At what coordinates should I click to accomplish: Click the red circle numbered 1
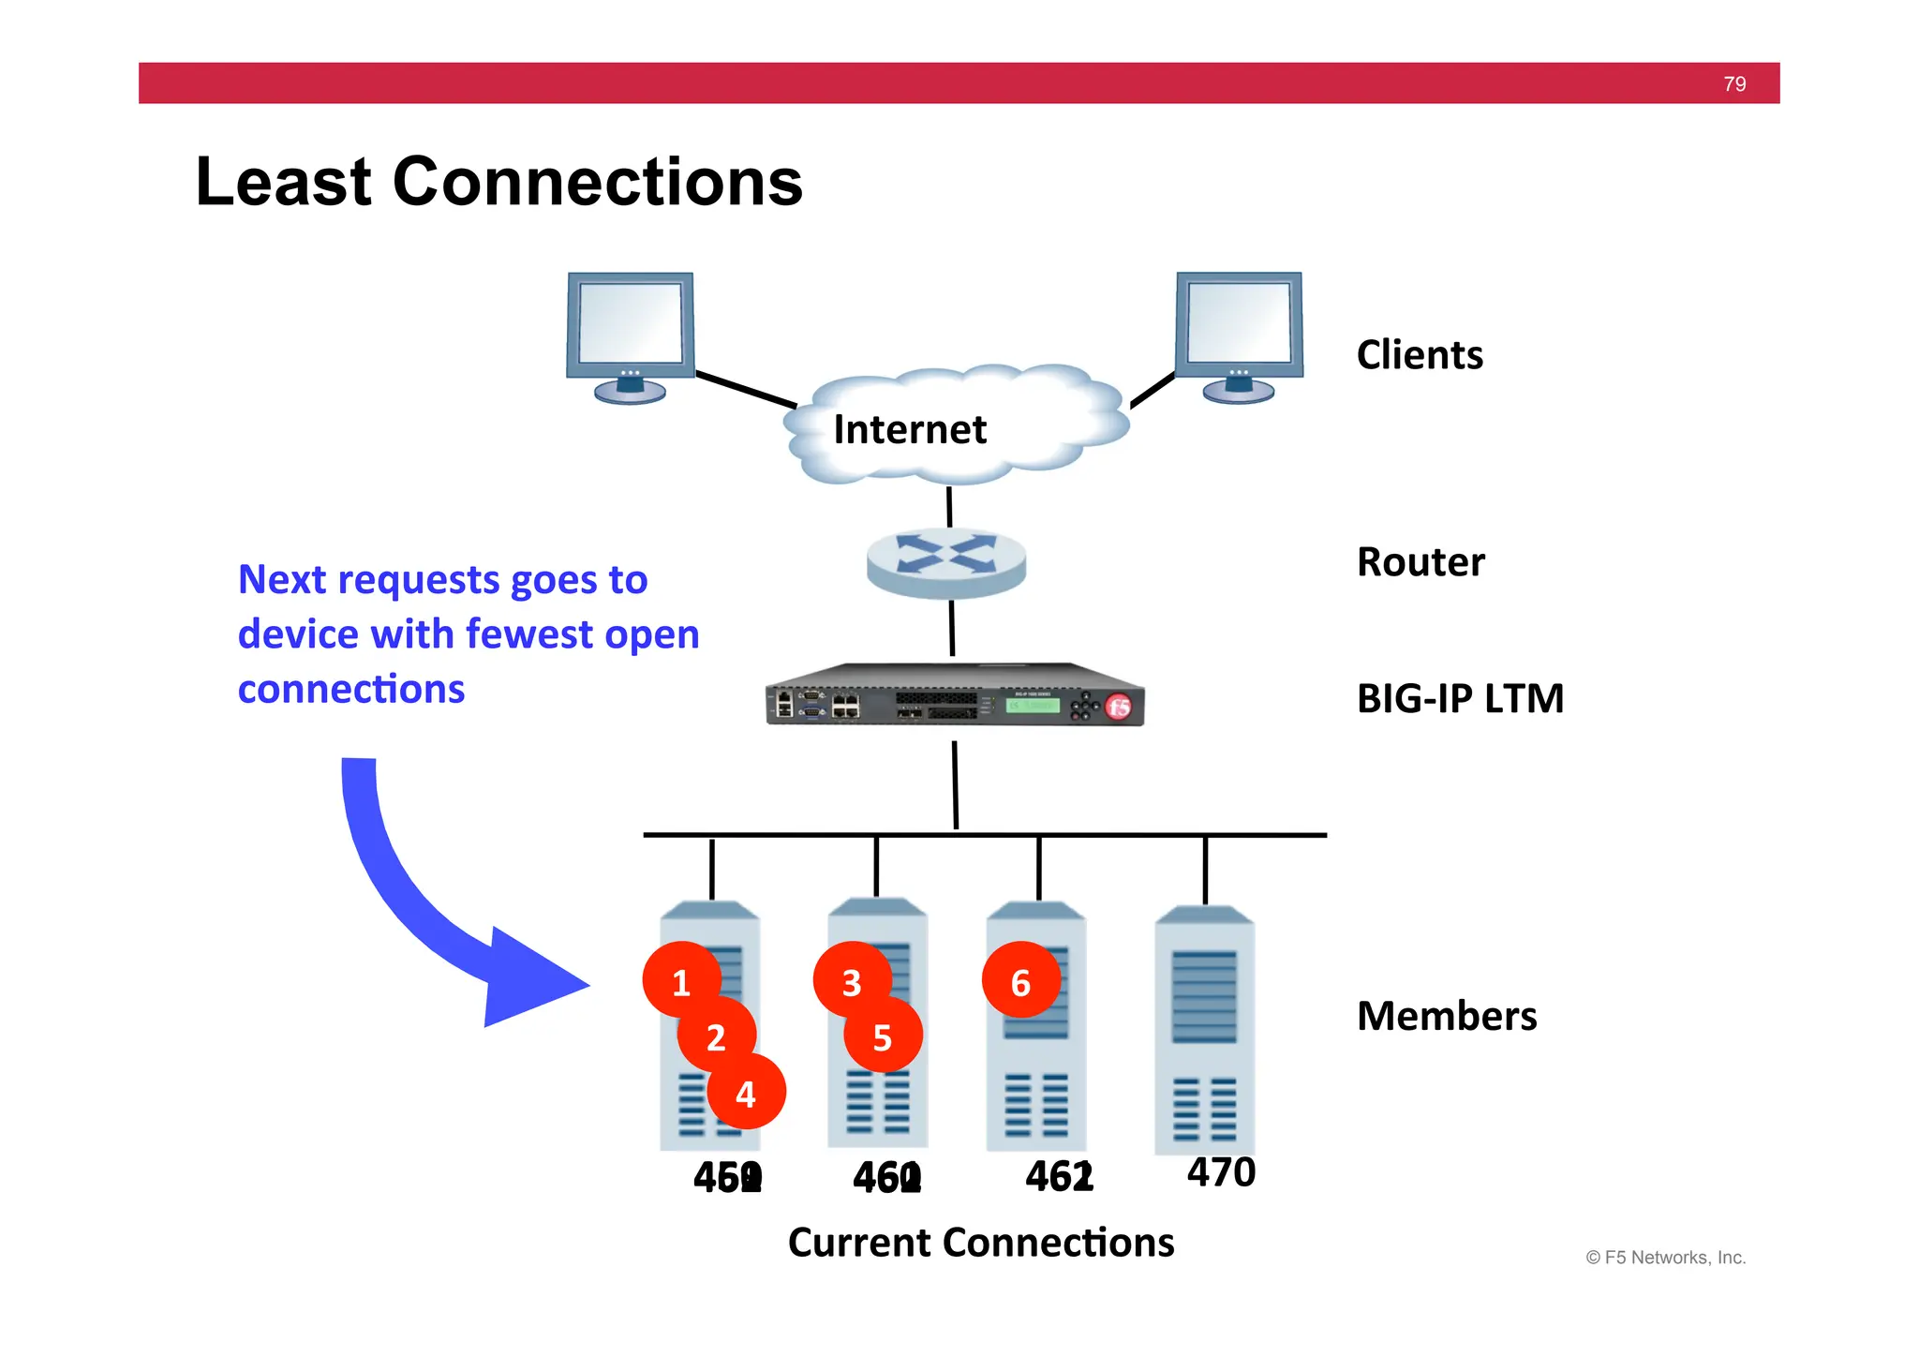[x=681, y=981]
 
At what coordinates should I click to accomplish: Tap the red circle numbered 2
[x=716, y=1036]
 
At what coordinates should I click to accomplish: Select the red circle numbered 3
[x=851, y=981]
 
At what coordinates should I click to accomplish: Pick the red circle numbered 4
[x=746, y=1093]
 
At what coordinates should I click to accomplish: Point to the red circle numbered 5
[x=883, y=1036]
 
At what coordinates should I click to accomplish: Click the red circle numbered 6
[x=1020, y=981]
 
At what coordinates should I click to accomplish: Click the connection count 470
[x=1221, y=1172]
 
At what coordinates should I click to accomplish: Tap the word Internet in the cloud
[x=909, y=429]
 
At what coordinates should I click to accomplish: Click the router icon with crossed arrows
[x=946, y=560]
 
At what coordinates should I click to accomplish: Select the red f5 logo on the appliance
[x=1119, y=708]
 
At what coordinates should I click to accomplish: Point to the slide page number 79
[x=1734, y=84]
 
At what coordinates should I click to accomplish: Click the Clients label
[x=1420, y=355]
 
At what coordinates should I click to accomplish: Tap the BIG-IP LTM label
[x=1460, y=699]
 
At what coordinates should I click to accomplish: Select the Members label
[x=1447, y=1016]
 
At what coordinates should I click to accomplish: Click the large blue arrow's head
[x=534, y=979]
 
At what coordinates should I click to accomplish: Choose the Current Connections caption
[x=981, y=1243]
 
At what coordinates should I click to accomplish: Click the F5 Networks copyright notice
[x=1665, y=1258]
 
